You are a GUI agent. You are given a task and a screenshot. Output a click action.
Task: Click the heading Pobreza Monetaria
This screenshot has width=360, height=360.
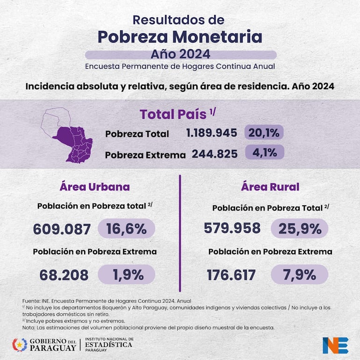coord(180,36)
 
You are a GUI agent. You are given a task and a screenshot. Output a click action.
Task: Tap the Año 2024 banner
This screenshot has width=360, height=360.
coord(180,54)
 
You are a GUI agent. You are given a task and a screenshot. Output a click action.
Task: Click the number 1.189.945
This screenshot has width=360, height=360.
coord(211,133)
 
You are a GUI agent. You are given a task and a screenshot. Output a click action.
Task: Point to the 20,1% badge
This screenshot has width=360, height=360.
coord(264,133)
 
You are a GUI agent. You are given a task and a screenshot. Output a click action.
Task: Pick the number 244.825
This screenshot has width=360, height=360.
coord(215,154)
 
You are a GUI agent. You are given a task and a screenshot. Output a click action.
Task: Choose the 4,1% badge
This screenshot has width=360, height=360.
coord(265,152)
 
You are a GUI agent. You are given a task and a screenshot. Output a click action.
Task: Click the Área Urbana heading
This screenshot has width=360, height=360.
coord(94,187)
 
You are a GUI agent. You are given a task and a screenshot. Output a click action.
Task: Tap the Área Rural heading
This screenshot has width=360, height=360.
coord(270,187)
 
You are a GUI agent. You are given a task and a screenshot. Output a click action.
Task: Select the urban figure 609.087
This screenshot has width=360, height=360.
coord(62,229)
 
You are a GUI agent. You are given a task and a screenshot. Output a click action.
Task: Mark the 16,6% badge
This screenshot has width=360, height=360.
coord(126,229)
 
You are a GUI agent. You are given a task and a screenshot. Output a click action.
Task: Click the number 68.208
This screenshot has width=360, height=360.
coord(64,275)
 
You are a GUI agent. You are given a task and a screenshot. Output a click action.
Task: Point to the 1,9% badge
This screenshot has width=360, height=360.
coord(126,274)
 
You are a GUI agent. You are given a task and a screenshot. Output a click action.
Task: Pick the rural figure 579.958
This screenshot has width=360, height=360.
coord(232,228)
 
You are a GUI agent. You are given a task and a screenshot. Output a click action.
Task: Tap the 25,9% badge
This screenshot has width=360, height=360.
coord(300,229)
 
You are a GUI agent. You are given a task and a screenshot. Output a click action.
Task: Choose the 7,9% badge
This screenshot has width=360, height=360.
coord(300,274)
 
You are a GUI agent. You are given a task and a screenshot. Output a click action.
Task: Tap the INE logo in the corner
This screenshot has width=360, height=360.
coord(335,345)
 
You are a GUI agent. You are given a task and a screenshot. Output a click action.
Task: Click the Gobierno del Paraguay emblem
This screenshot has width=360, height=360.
coord(20,345)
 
